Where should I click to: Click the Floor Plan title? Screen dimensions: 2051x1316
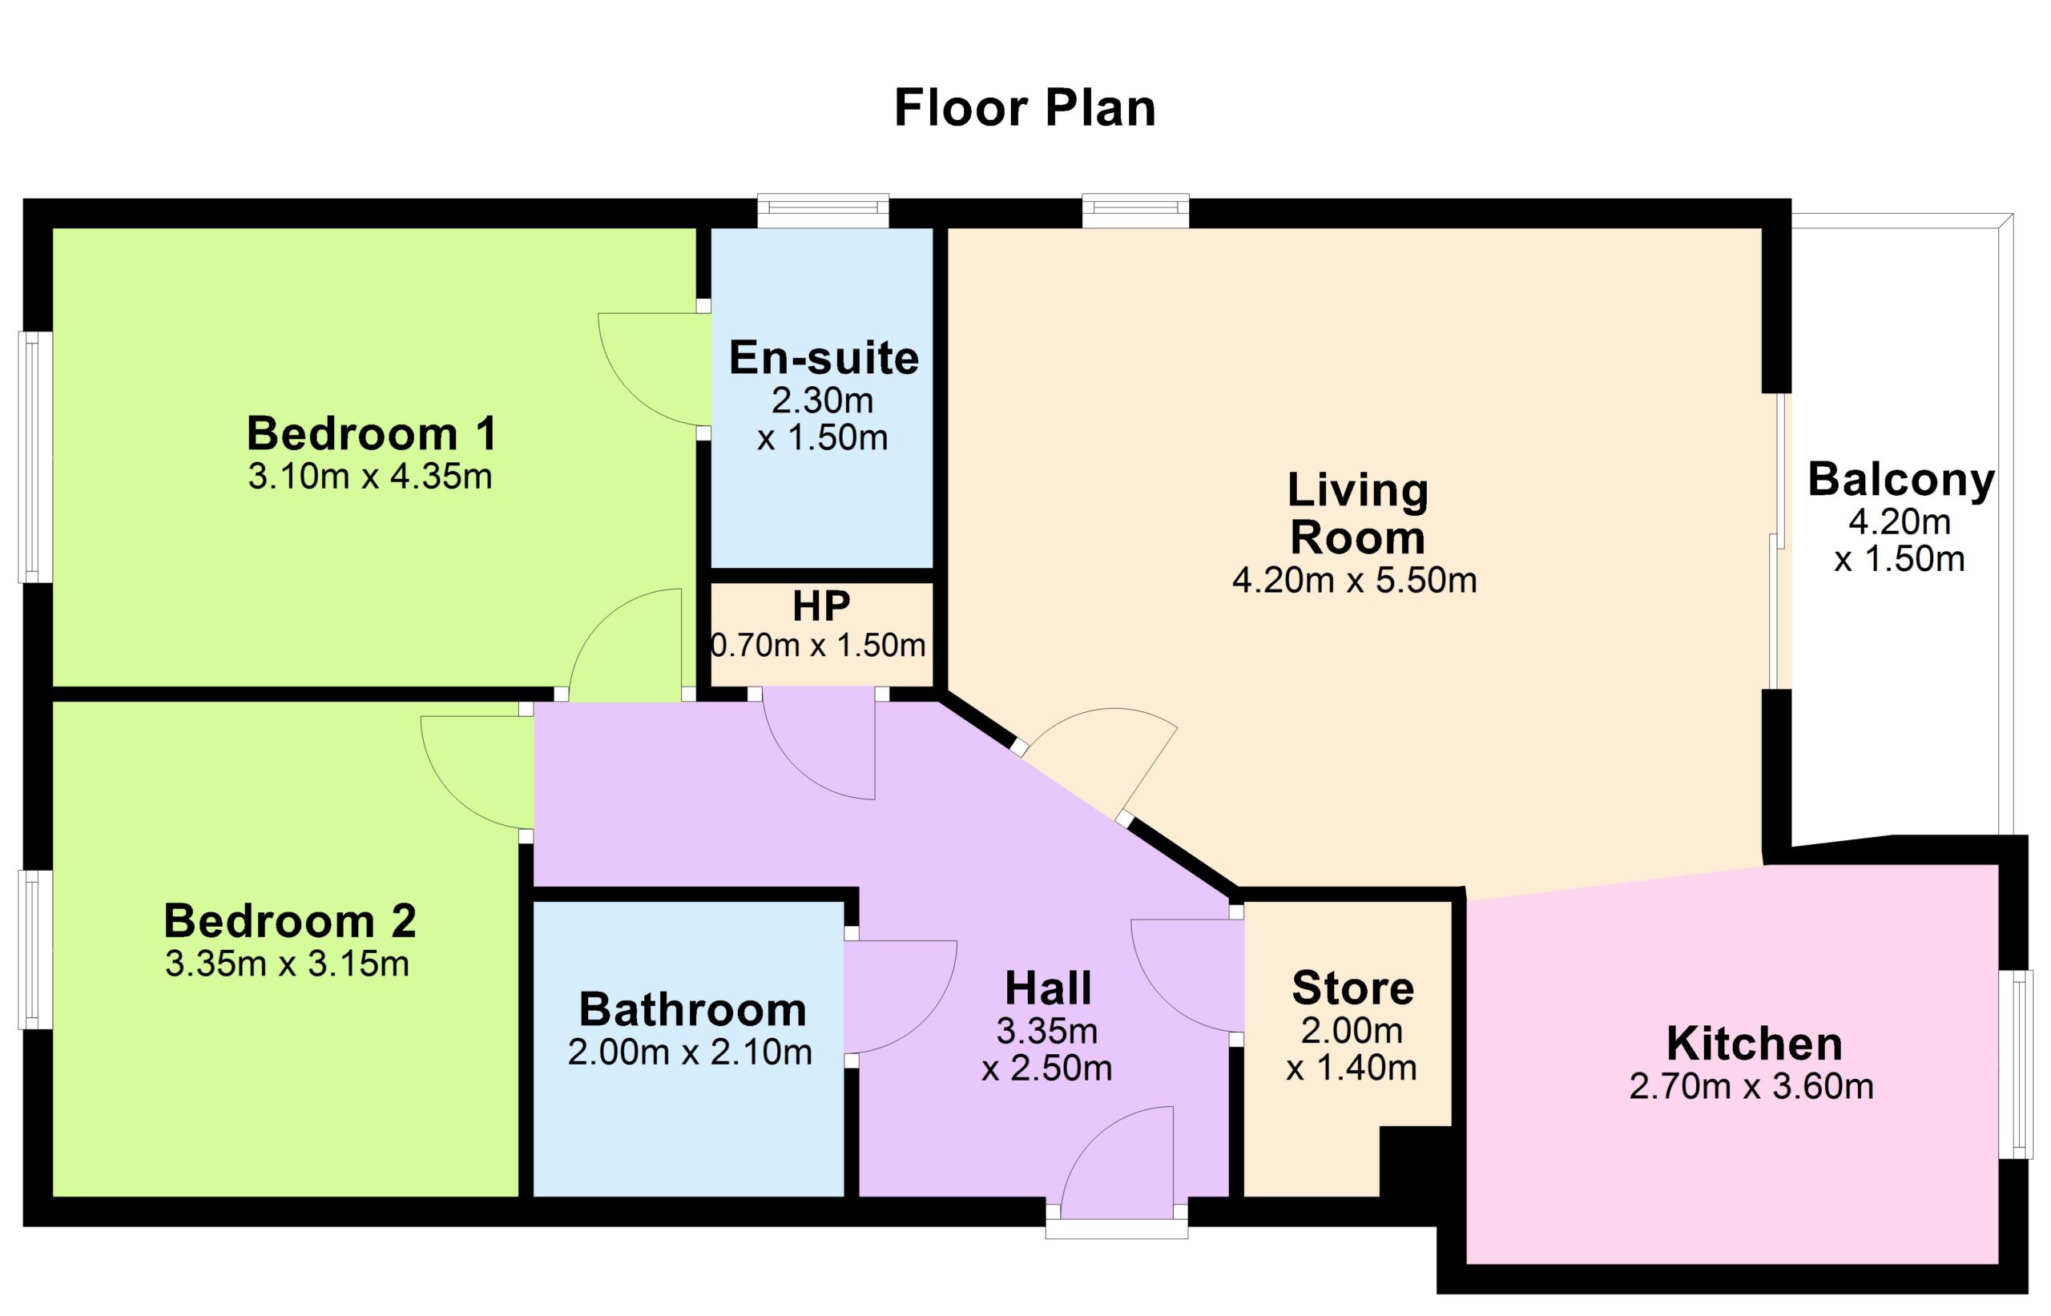pos(1025,108)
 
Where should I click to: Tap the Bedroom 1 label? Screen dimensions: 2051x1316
pos(372,433)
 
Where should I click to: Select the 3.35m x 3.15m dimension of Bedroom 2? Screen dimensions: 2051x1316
pos(287,963)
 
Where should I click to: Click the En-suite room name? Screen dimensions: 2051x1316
pos(824,357)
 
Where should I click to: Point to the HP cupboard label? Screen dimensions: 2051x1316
pos(821,606)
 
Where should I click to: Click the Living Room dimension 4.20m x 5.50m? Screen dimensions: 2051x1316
pos(1355,580)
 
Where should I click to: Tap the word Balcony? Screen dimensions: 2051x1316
pos(1901,481)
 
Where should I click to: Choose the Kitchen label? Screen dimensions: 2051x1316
pos(1755,1044)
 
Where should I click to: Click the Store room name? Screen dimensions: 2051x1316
pos(1353,988)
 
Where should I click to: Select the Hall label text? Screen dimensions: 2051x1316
pos(1048,988)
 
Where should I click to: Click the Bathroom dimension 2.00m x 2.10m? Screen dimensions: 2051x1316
pos(690,1052)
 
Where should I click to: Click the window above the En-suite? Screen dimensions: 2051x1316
pos(823,211)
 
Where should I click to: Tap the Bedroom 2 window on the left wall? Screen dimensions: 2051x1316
pos(35,949)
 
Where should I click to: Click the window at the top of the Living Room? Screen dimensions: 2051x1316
pos(1136,211)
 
